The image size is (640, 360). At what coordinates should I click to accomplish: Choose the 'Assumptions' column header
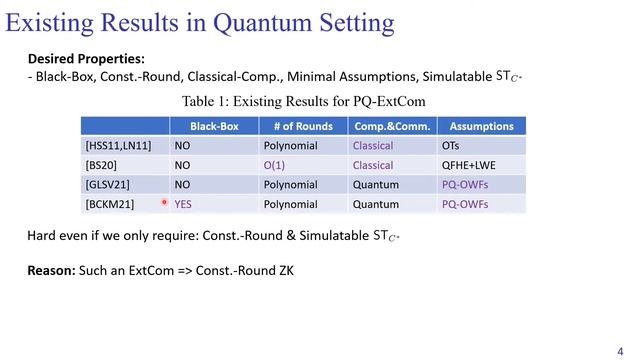(x=481, y=126)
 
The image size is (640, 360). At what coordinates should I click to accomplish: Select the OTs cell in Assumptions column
(x=451, y=145)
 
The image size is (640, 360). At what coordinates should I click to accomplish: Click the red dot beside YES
(x=165, y=202)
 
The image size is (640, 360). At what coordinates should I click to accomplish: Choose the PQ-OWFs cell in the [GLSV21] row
(x=465, y=184)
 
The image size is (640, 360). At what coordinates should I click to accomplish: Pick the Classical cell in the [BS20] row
(x=373, y=164)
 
